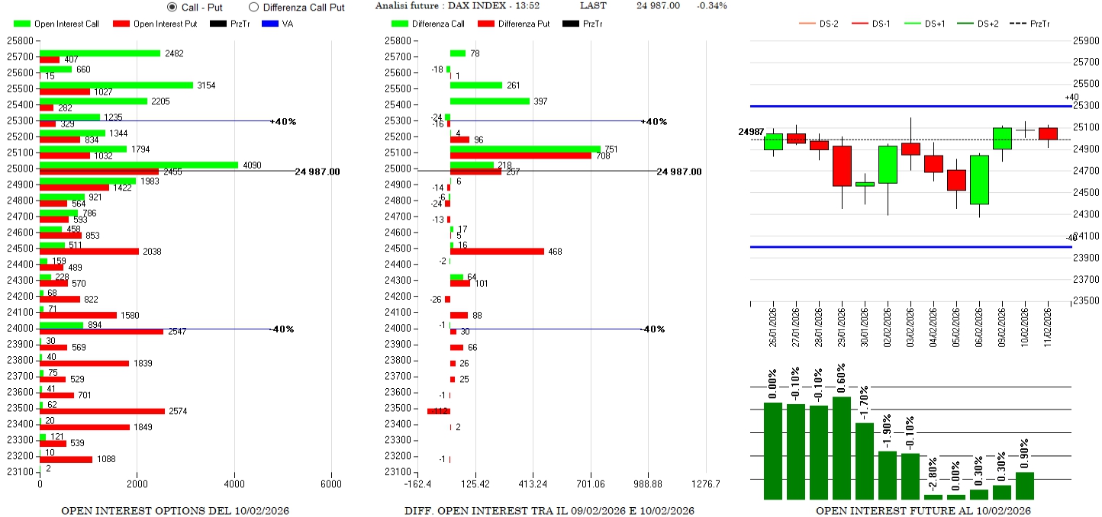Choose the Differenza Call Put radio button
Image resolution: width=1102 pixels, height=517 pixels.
pyautogui.click(x=253, y=7)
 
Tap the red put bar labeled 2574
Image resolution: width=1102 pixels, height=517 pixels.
pyautogui.click(x=102, y=411)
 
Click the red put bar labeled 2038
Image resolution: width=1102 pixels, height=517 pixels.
pyautogui.click(x=89, y=251)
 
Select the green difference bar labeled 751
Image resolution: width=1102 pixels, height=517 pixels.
pyautogui.click(x=525, y=149)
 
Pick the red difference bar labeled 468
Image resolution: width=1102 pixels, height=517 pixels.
pyautogui.click(x=497, y=251)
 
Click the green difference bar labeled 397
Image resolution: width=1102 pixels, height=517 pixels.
pyautogui.click(x=489, y=101)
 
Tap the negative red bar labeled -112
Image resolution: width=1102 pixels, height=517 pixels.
pyautogui.click(x=439, y=411)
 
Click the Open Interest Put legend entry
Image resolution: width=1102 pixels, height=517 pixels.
pyautogui.click(x=155, y=24)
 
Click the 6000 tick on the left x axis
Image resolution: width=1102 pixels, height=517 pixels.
pyautogui.click(x=331, y=483)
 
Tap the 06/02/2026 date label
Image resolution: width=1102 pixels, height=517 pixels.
pyautogui.click(x=979, y=324)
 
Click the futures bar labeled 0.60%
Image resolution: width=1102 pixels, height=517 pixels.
pyautogui.click(x=842, y=448)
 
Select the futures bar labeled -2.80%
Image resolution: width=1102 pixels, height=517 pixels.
pyautogui.click(x=933, y=496)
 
